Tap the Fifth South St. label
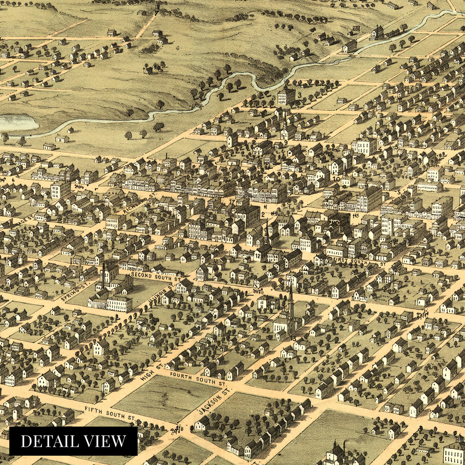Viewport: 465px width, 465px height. tap(110, 413)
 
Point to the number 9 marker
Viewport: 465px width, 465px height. tap(286, 143)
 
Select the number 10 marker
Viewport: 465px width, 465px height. tap(336, 179)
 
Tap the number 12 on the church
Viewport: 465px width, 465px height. tap(258, 256)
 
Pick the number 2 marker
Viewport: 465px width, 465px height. tap(263, 214)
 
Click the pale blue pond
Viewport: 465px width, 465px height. tap(17, 122)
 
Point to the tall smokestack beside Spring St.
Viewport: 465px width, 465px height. tap(103, 275)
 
